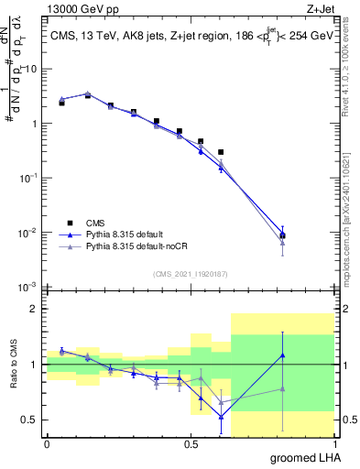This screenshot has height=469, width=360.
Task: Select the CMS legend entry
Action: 94,221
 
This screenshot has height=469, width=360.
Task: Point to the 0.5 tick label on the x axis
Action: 191,444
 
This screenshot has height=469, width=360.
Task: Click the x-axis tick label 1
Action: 335,444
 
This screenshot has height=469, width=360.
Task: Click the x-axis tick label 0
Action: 48,444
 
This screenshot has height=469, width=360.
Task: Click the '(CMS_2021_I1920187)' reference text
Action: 191,274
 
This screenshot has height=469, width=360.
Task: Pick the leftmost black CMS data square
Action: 61,104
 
